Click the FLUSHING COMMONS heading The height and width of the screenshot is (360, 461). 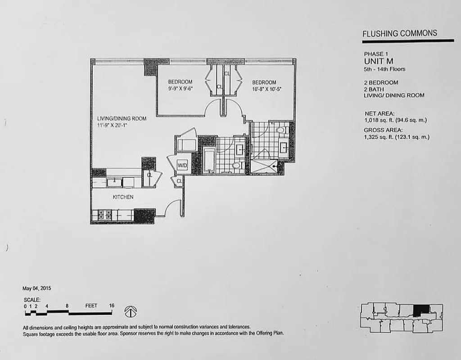click(399, 33)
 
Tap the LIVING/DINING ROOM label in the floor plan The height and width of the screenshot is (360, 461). click(122, 119)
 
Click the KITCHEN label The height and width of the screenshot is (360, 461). click(123, 197)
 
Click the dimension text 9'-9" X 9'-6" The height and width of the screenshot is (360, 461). click(180, 89)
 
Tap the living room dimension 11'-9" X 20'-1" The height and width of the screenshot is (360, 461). click(113, 126)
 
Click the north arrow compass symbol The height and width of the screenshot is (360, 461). click(131, 311)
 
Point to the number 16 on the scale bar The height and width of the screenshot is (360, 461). click(111, 306)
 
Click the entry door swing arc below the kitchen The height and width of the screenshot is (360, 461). click(172, 208)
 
